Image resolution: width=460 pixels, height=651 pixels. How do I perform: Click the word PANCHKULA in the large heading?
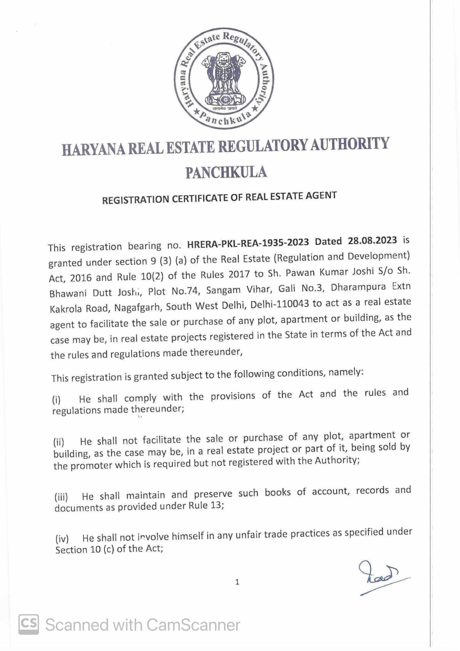tap(226, 172)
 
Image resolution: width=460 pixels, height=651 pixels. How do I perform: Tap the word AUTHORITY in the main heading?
tap(349, 144)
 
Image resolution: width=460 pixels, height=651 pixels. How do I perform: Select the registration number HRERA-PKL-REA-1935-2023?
tap(248, 243)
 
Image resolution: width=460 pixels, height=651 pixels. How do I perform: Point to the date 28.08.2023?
tap(372, 241)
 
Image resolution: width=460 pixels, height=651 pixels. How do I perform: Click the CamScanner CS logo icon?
tap(29, 624)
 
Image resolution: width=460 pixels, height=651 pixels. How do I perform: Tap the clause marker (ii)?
tap(59, 442)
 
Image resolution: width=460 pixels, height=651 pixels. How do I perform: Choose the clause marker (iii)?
tap(61, 497)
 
